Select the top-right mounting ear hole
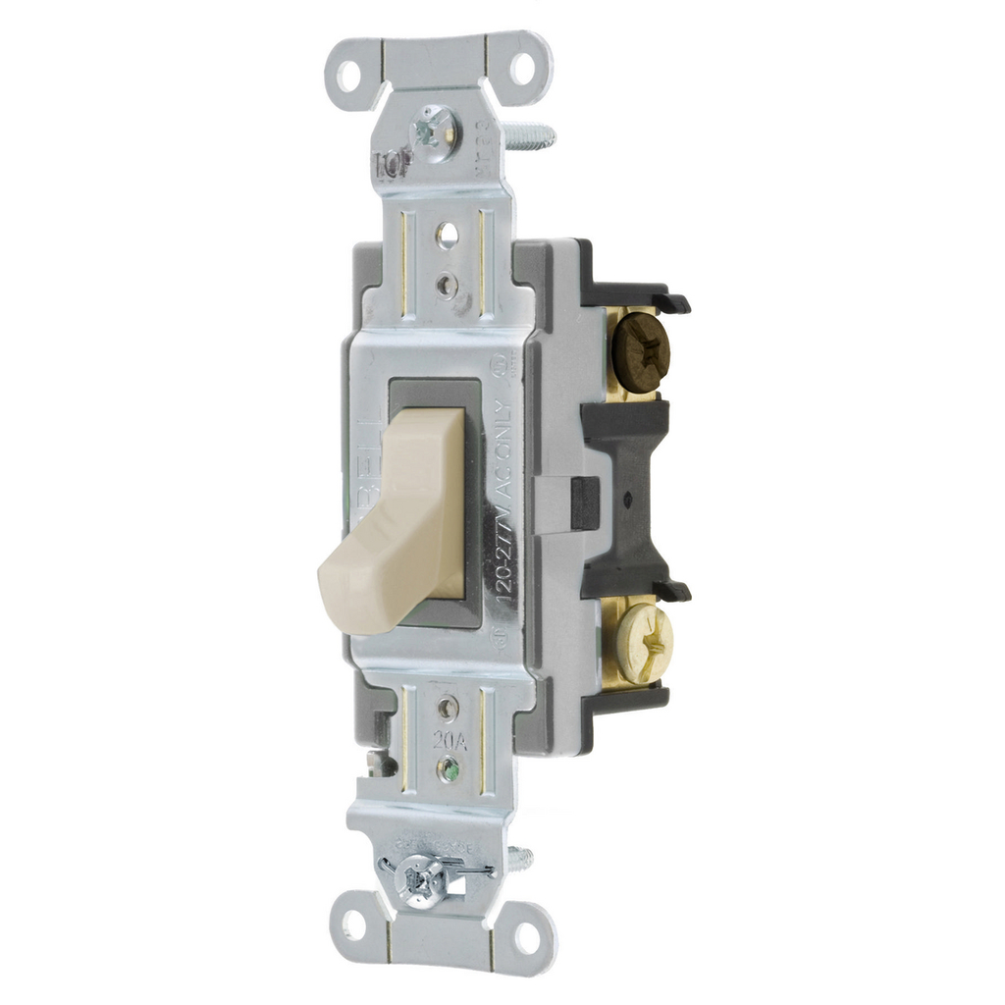[x=523, y=68]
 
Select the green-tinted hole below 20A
[x=449, y=767]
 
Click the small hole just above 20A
[x=449, y=706]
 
